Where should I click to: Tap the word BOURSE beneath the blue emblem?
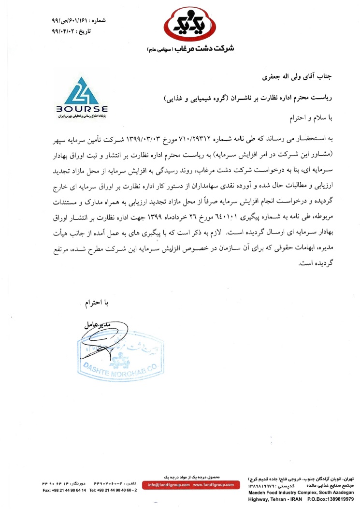(85, 109)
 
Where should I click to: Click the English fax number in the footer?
(64, 491)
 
